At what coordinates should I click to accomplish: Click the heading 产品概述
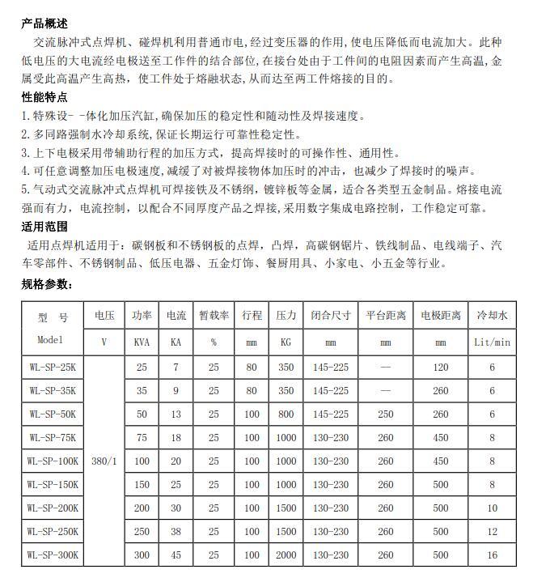(x=44, y=23)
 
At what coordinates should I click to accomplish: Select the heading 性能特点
(x=44, y=97)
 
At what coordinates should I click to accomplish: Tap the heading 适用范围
(x=44, y=226)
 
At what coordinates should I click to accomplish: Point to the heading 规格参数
(x=47, y=284)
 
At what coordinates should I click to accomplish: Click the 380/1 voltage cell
(x=104, y=461)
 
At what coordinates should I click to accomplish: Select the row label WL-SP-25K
(x=52, y=368)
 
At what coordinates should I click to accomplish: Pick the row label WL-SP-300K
(x=53, y=555)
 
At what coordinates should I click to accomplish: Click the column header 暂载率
(x=214, y=315)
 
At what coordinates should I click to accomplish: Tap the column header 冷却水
(x=491, y=315)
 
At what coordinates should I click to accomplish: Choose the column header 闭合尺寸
(x=331, y=315)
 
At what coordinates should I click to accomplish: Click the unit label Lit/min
(x=491, y=342)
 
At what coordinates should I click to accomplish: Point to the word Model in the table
(x=53, y=341)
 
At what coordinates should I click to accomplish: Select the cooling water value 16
(x=491, y=555)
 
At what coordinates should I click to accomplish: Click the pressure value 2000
(x=286, y=555)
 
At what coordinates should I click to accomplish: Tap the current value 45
(x=176, y=555)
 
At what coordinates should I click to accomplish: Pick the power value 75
(x=142, y=437)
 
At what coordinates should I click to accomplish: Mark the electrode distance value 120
(x=440, y=368)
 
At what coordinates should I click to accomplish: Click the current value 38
(x=176, y=531)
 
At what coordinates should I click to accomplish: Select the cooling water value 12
(x=491, y=531)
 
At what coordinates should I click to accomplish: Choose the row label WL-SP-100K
(x=53, y=461)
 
